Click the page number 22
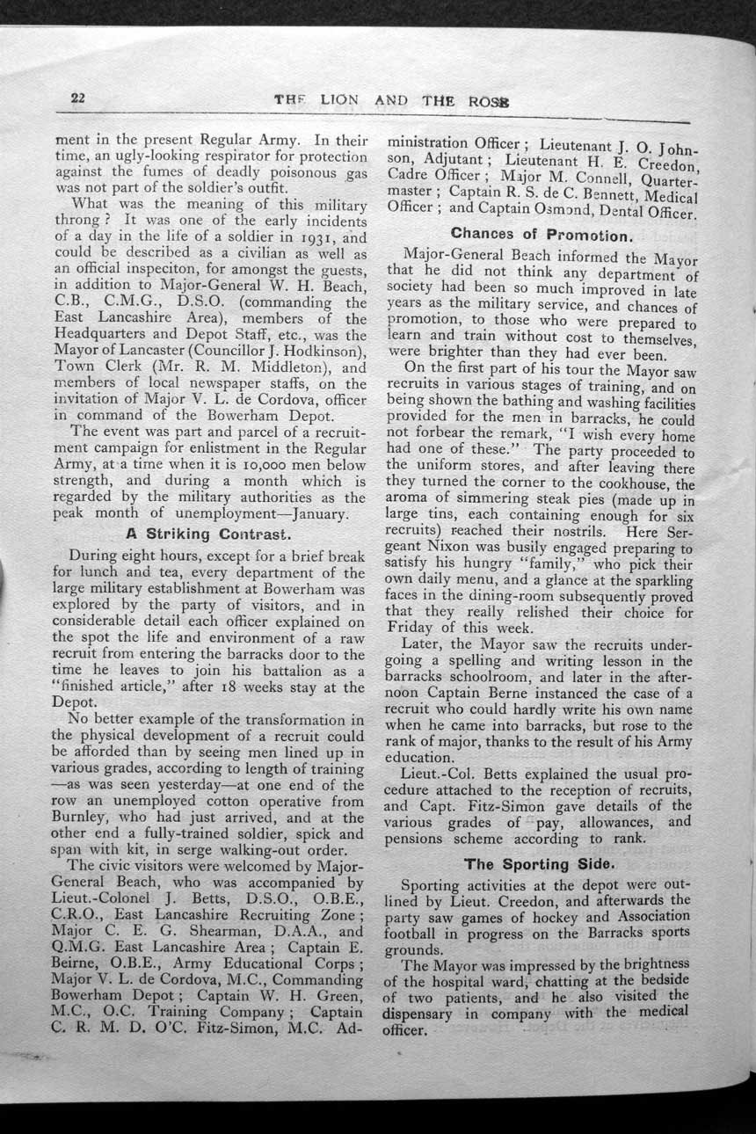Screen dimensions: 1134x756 [x=77, y=98]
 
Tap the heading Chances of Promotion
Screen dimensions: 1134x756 [x=542, y=236]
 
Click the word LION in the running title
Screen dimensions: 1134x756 [x=339, y=100]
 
